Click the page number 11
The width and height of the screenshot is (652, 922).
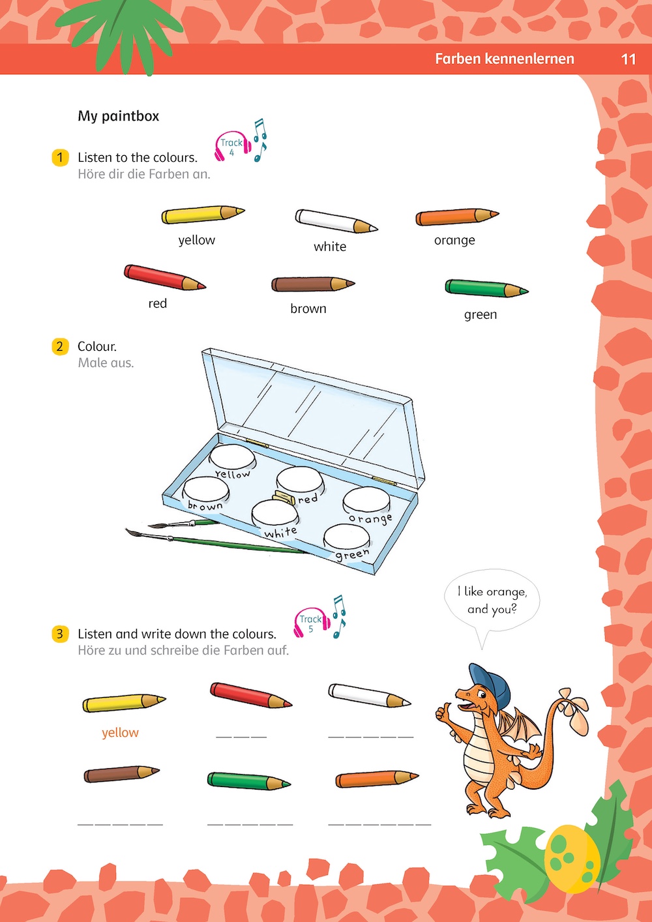[x=628, y=59]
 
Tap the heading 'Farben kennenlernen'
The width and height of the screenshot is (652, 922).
[x=505, y=59]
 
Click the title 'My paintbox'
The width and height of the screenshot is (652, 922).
[x=119, y=116]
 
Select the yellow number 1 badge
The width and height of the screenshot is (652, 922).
[x=60, y=158]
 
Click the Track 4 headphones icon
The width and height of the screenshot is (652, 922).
[x=232, y=146]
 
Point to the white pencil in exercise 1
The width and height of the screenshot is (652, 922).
[x=336, y=220]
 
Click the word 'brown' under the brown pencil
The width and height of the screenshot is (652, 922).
[x=308, y=308]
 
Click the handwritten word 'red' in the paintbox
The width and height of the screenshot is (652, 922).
[x=308, y=499]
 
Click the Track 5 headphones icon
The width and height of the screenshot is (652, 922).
[x=312, y=623]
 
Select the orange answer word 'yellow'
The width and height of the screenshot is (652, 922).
[x=120, y=733]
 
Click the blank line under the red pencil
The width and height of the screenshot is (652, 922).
[x=241, y=736]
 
